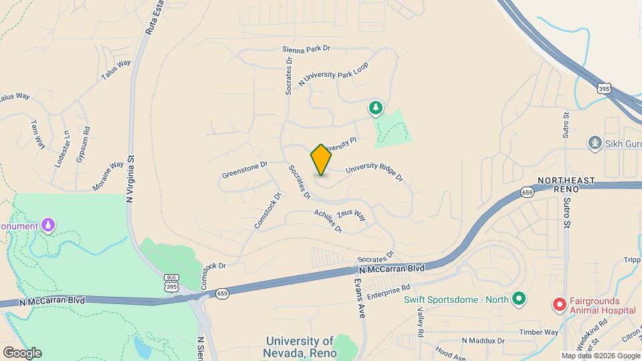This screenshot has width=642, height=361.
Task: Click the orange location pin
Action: tap(321, 159)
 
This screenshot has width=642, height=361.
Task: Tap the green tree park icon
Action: tap(377, 108)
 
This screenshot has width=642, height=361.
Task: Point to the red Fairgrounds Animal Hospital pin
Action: tap(559, 306)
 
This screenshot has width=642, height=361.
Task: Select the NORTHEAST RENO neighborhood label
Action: tap(566, 185)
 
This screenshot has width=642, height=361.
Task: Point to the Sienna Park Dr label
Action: tap(306, 49)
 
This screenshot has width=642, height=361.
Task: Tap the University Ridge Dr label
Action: tap(374, 172)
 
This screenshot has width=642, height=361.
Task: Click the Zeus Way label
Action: tap(351, 215)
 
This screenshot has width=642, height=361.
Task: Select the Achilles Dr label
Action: tap(328, 221)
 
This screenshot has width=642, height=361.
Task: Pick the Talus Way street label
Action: tap(116, 70)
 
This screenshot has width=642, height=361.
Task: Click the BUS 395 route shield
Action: tap(172, 281)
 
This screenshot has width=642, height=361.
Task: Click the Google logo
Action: tap(22, 352)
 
